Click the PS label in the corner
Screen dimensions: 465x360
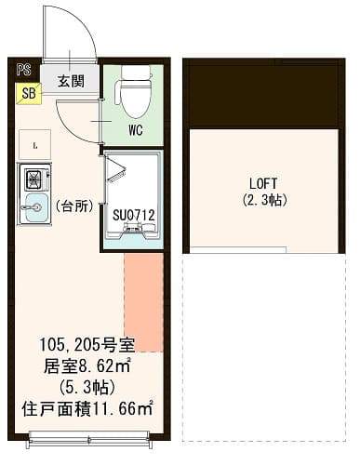(x=23, y=69)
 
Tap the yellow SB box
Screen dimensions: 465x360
(x=27, y=92)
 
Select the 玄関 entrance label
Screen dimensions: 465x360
(x=71, y=81)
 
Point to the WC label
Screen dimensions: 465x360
(x=134, y=130)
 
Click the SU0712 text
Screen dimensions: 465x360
(x=133, y=216)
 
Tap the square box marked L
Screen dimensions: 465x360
(x=33, y=145)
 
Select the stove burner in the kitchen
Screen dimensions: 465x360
(x=35, y=179)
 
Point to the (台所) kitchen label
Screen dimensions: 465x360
(x=73, y=206)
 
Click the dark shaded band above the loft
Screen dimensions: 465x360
(x=263, y=96)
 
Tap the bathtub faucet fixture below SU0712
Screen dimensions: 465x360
(x=131, y=238)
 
